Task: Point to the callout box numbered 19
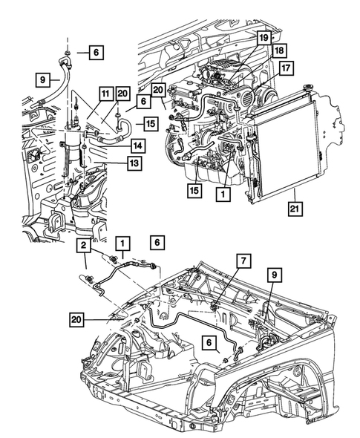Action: coord(264,36)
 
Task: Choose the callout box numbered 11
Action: coord(105,94)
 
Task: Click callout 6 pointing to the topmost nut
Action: coord(97,52)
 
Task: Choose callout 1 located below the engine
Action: coord(220,192)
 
